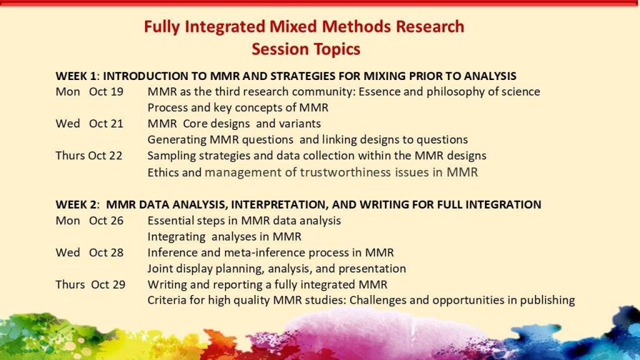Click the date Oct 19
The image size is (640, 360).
[106, 92]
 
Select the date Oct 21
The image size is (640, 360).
[106, 124]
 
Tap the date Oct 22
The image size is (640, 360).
[105, 156]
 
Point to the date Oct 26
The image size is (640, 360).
[106, 221]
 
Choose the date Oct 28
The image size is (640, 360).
[106, 252]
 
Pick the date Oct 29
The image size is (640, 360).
[108, 284]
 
